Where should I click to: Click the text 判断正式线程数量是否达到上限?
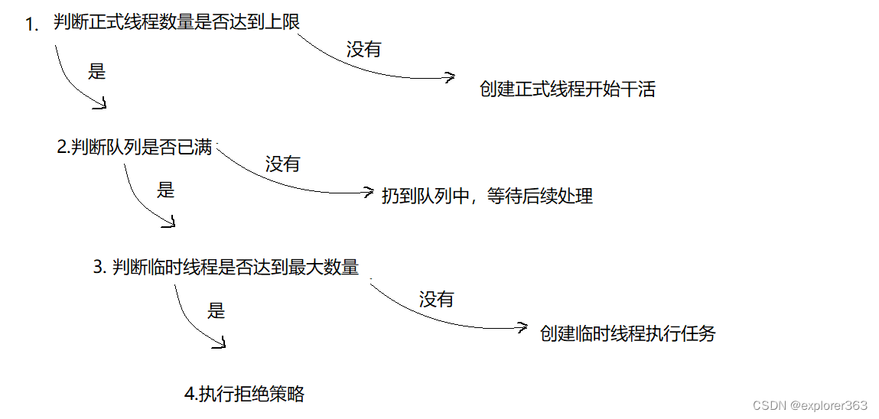coord(176,23)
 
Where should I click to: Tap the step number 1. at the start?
coord(32,25)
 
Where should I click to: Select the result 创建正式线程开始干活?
coord(567,89)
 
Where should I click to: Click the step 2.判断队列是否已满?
coord(135,148)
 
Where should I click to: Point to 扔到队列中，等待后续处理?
coord(487,197)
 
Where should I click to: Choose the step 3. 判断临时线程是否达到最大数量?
coord(226,268)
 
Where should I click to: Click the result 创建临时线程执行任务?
coord(627,334)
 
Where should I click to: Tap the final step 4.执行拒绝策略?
coord(245,395)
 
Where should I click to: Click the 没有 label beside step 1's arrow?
coord(363,50)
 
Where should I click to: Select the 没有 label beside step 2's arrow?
coord(282,164)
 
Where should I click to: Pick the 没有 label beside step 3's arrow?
coord(436,300)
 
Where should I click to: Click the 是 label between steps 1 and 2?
coord(97,73)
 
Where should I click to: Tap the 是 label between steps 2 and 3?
coord(166,190)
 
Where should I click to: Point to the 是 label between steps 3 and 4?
coord(216,310)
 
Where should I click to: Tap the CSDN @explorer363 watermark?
coord(809,405)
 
